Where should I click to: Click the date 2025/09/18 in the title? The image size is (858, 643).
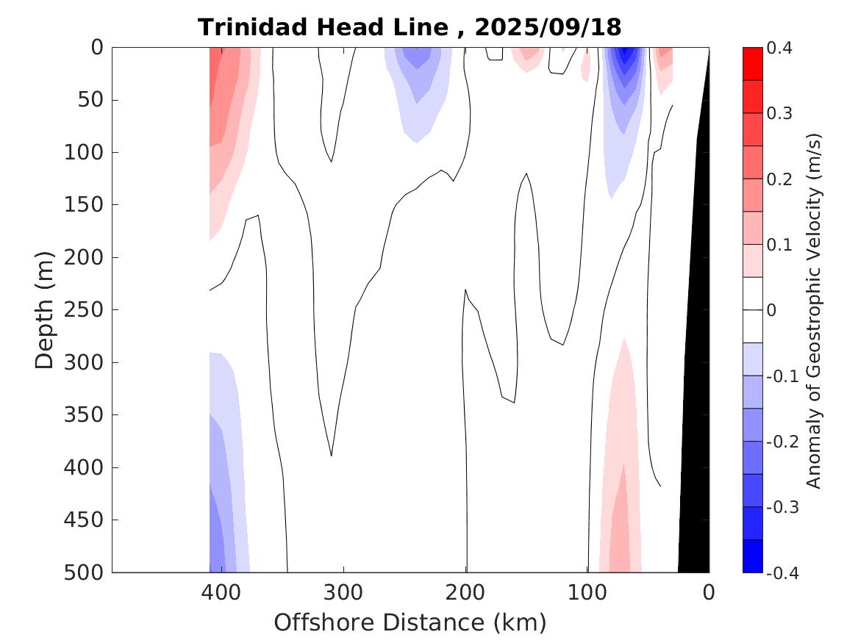coord(548,27)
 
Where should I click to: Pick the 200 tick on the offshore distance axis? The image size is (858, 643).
coord(466,592)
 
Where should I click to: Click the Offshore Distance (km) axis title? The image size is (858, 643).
coord(410,622)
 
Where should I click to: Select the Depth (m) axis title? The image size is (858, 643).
coord(45,309)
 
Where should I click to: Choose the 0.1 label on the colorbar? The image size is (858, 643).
coord(779,245)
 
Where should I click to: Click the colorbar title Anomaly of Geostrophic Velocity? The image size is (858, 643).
coord(813,310)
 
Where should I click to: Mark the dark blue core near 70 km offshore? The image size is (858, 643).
coord(626,56)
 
